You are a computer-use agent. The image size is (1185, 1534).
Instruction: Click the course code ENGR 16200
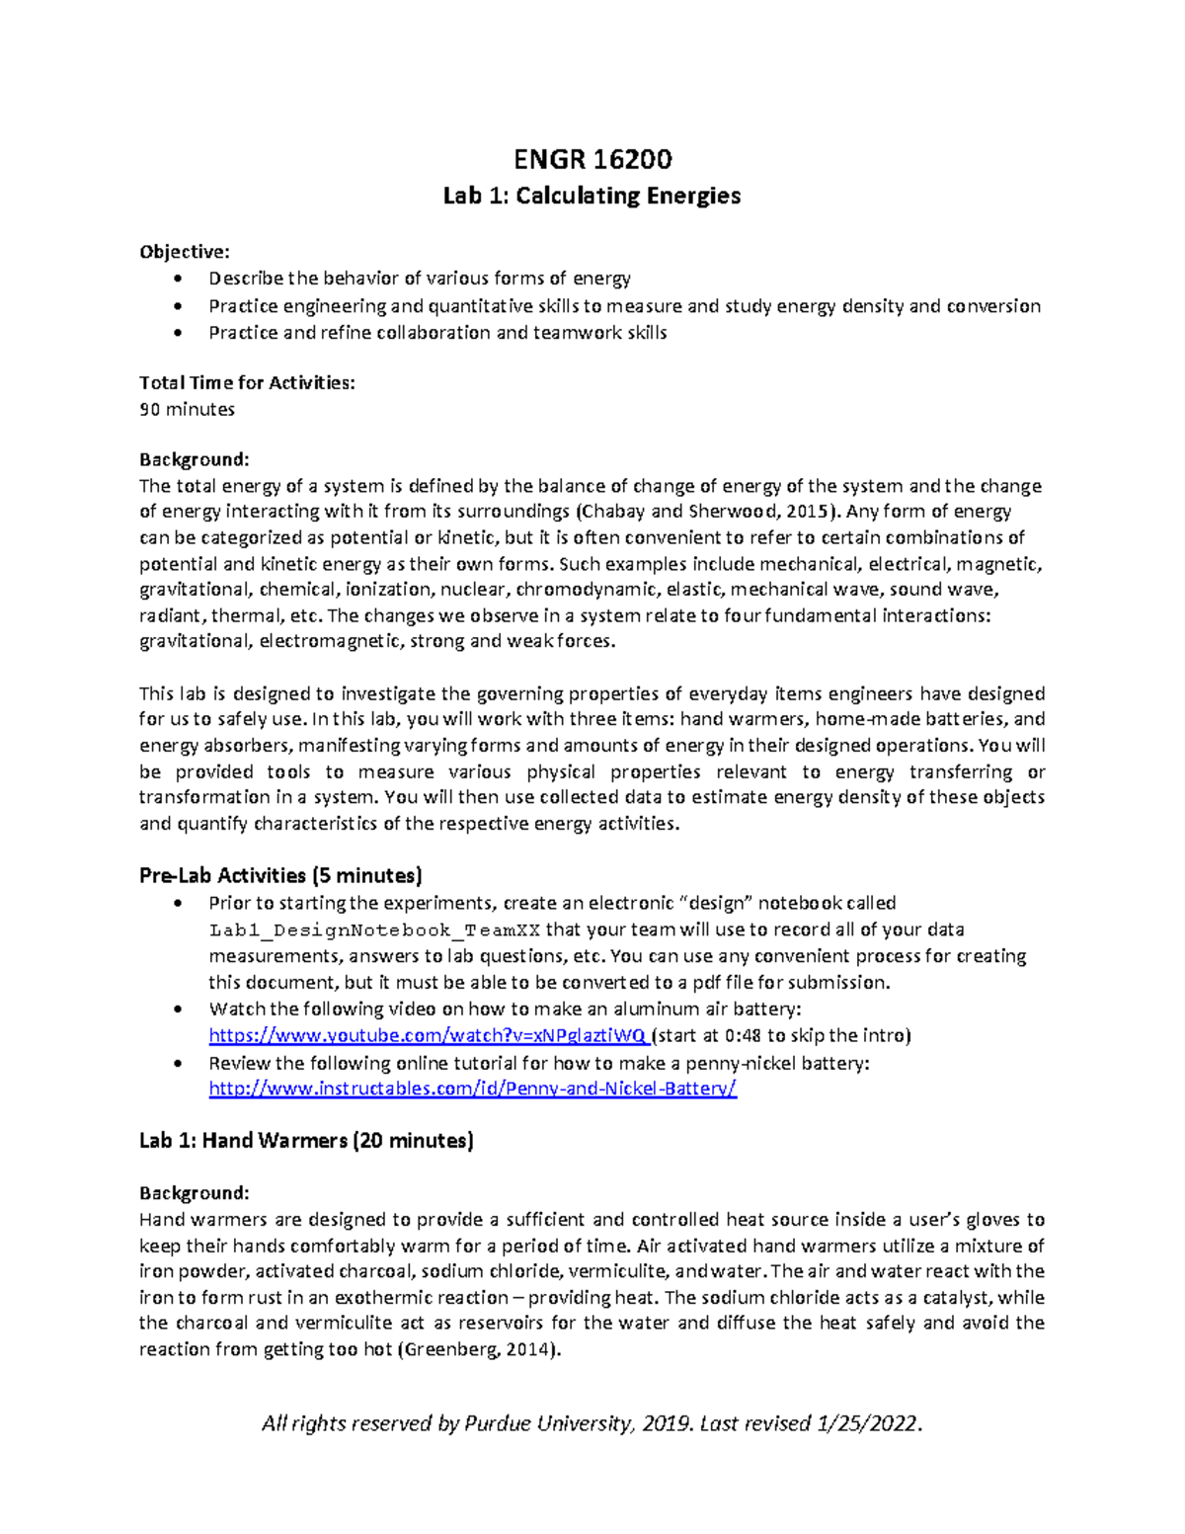click(x=592, y=159)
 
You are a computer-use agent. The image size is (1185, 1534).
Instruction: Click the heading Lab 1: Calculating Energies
click(x=592, y=196)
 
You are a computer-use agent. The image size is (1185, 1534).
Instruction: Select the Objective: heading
click(x=185, y=252)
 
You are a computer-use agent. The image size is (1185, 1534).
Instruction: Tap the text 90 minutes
click(x=187, y=409)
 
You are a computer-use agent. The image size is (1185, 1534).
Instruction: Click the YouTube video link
click(x=429, y=1035)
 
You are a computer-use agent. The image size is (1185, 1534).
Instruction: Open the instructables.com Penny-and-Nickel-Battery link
click(x=473, y=1089)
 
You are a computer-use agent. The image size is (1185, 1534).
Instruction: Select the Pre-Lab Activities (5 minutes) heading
click(x=280, y=875)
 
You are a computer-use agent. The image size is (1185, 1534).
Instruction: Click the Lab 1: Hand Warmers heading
click(x=306, y=1141)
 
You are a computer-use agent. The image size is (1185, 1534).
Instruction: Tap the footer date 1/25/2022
click(x=868, y=1423)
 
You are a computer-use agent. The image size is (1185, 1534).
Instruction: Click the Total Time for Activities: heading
click(x=247, y=383)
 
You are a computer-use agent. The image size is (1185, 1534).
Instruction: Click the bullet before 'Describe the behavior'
click(x=177, y=280)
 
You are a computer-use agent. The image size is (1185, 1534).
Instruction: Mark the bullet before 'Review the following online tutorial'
click(x=177, y=1064)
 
